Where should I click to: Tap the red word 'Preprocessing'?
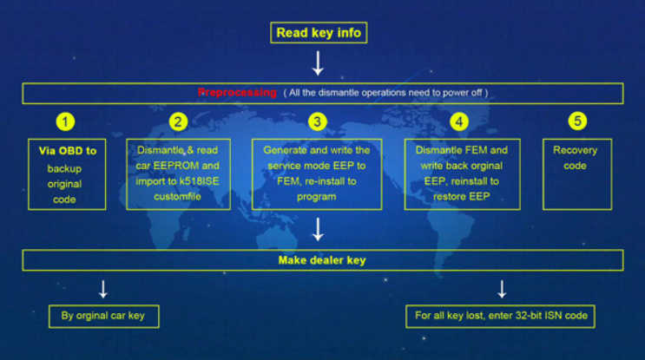pyautogui.click(x=237, y=93)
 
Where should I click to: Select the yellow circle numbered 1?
pyautogui.click(x=65, y=121)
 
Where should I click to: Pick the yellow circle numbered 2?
pyautogui.click(x=178, y=121)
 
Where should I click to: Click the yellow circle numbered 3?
pyautogui.click(x=317, y=121)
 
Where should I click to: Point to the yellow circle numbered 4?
pyautogui.click(x=459, y=121)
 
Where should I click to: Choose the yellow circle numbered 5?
pyautogui.click(x=577, y=121)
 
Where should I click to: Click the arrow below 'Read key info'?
pyautogui.click(x=318, y=63)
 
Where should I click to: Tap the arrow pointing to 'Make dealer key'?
pyautogui.click(x=318, y=229)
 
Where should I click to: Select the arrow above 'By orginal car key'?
pyautogui.click(x=103, y=290)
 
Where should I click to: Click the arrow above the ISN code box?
pyautogui.click(x=502, y=290)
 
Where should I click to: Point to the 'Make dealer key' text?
pyautogui.click(x=322, y=260)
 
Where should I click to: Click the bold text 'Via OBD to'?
pyautogui.click(x=68, y=151)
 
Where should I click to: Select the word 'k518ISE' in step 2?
pyautogui.click(x=199, y=181)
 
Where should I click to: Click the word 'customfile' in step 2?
pyautogui.click(x=177, y=196)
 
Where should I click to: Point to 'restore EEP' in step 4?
pyautogui.click(x=461, y=196)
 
